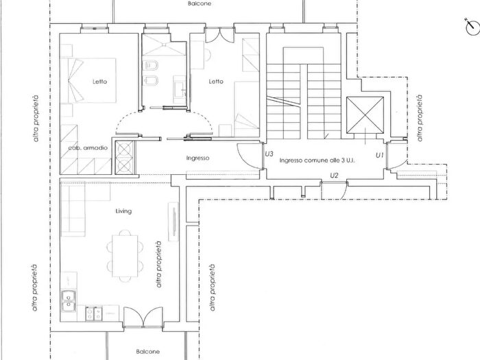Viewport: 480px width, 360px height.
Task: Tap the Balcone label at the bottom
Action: [x=147, y=352]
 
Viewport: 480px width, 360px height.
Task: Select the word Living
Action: [x=123, y=212]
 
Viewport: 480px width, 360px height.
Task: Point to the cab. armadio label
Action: [x=87, y=148]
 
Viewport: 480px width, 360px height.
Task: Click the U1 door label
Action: [x=379, y=156]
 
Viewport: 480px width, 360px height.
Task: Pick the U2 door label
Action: [x=335, y=176]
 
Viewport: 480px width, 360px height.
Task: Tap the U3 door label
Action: [x=269, y=154]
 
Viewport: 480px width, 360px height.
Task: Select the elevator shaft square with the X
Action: [x=365, y=115]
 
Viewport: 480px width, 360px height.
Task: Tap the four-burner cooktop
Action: [x=93, y=313]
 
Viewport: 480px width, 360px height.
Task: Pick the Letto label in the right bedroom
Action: [x=216, y=82]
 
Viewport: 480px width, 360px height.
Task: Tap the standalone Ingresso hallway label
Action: [x=197, y=158]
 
